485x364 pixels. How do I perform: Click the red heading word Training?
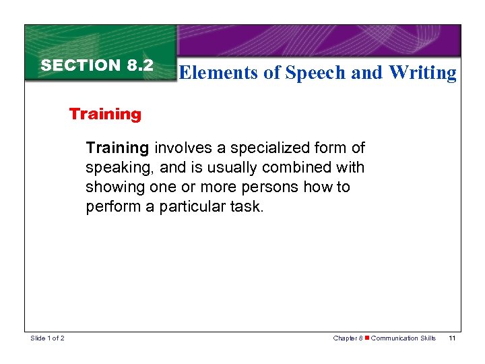point(105,114)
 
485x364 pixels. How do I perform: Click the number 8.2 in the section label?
point(139,66)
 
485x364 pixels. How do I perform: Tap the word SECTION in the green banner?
point(81,66)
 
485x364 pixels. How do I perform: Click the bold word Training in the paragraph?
point(117,148)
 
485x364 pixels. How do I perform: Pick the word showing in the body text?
point(112,187)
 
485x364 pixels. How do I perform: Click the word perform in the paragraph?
point(112,206)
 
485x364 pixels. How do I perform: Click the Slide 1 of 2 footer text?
point(47,338)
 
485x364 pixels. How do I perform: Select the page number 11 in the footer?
point(452,338)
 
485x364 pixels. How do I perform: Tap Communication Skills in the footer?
point(403,338)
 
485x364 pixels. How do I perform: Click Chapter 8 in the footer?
point(348,338)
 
